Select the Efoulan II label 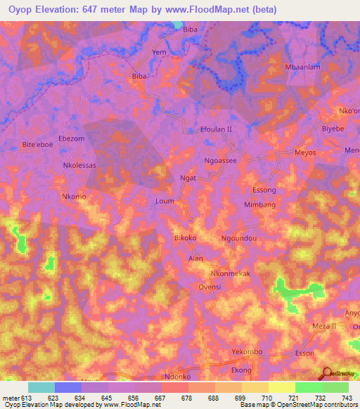coord(216,129)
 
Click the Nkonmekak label coord(230,273)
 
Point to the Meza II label coord(325,327)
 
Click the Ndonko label coord(177,376)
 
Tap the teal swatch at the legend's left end coord(41,387)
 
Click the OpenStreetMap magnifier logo coord(327,373)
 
